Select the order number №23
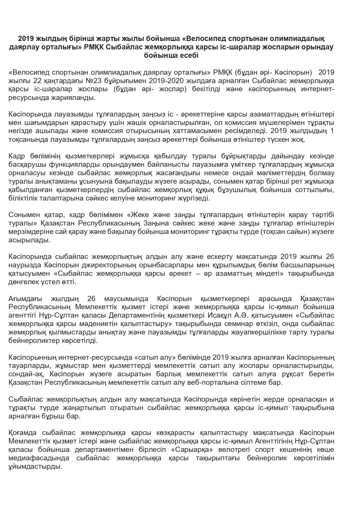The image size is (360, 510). [x=86, y=81]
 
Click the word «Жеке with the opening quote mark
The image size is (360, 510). [x=139, y=215]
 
